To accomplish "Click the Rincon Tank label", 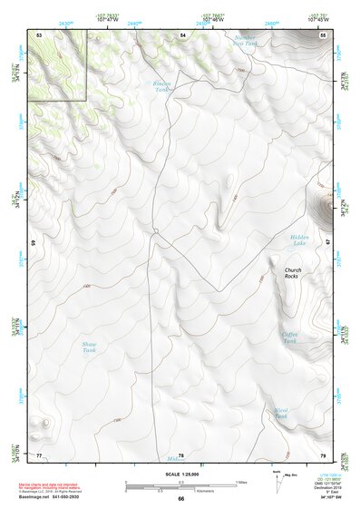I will (x=161, y=86).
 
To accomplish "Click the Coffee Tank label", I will (x=289, y=336).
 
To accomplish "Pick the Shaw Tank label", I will (x=89, y=347).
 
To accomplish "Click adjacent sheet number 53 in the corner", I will (x=39, y=34).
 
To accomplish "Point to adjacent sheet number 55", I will (x=322, y=34).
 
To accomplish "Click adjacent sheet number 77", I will (x=39, y=454).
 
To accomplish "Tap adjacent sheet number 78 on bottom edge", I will (x=180, y=455).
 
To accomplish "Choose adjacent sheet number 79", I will (x=322, y=455).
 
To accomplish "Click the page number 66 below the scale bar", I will (x=180, y=498).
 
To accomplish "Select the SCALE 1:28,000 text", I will (x=180, y=473).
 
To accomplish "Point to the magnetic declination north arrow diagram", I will (x=278, y=482).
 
